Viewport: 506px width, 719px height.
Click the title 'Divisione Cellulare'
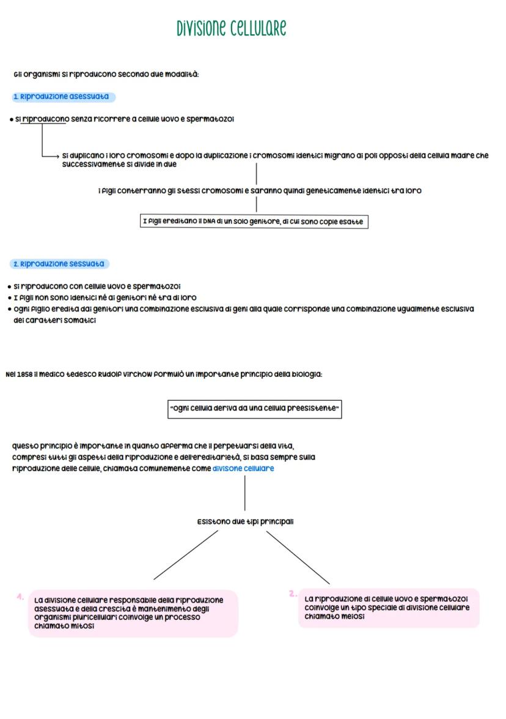[231, 28]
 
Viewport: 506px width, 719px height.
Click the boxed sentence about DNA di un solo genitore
[254, 222]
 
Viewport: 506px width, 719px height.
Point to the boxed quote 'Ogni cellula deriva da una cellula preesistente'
[254, 408]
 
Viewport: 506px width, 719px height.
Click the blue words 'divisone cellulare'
[243, 468]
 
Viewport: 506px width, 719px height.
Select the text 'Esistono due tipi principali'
[245, 522]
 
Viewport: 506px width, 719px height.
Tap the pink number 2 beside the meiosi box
[293, 593]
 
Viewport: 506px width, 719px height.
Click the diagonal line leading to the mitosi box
[186, 554]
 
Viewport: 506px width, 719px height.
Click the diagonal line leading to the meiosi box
[298, 557]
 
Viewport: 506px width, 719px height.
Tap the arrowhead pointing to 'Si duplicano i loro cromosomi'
[58, 155]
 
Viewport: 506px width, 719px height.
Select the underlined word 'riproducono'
[45, 119]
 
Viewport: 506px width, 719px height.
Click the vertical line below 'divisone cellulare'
[244, 493]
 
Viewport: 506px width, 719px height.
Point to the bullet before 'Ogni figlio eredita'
[9, 309]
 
